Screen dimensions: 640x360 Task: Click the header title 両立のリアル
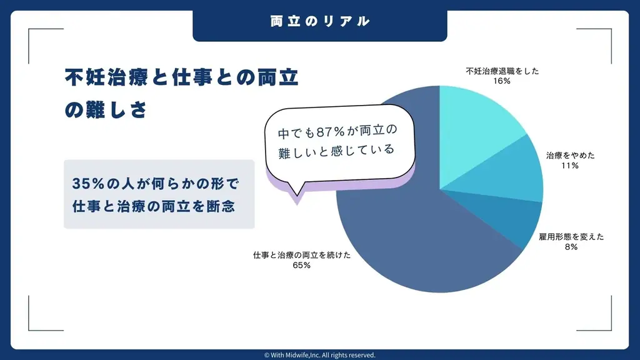319,21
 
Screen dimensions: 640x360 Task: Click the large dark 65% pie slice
408,245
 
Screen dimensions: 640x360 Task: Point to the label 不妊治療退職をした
502,71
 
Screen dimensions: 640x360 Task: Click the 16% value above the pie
502,81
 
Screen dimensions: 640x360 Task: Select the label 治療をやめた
570,156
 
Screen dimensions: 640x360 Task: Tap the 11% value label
570,165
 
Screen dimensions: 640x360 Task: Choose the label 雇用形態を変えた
571,237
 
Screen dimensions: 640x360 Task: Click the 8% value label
571,247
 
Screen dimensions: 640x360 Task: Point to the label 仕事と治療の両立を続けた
302,255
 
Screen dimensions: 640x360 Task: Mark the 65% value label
302,265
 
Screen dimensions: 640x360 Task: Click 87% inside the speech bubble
331,132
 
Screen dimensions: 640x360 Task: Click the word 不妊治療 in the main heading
106,77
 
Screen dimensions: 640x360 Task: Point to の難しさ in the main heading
106,110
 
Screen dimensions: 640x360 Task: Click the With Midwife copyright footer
319,355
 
